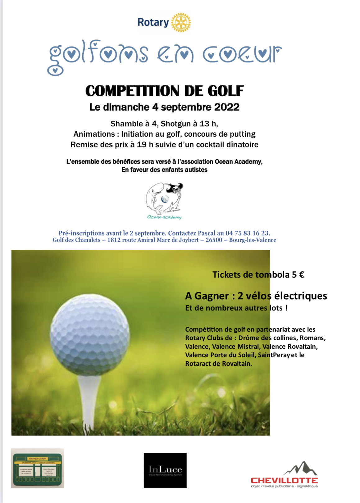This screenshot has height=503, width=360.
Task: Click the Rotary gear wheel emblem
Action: [181, 22]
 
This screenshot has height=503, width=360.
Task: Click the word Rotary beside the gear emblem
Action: [153, 23]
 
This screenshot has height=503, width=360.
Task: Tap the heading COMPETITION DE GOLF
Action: [164, 91]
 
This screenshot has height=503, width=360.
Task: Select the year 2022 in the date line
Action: [227, 107]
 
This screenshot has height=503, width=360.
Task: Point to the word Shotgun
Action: [175, 124]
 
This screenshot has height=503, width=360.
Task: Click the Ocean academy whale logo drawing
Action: [164, 199]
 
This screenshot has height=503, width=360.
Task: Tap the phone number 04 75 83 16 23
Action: [248, 233]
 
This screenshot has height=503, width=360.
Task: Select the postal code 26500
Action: [214, 240]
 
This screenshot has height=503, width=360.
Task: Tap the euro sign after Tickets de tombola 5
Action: [301, 275]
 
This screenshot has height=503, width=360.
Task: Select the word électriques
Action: [300, 296]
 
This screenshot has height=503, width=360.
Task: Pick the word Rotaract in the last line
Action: [198, 364]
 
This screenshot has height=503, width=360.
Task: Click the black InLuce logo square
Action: [165, 470]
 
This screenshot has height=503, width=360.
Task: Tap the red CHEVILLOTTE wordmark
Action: [284, 480]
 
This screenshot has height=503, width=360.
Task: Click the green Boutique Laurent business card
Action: [38, 468]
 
